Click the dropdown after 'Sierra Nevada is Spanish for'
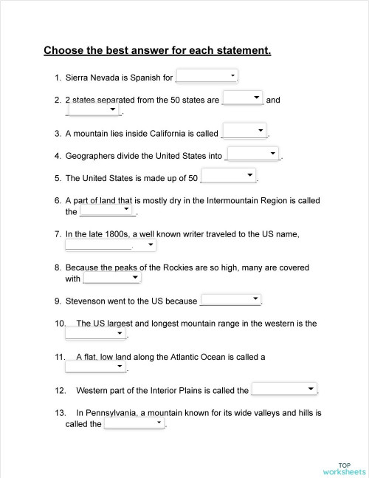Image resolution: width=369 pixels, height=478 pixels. point(207,76)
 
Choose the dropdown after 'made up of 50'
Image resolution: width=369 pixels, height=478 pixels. point(229,177)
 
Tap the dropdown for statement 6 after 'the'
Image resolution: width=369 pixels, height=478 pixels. point(108,211)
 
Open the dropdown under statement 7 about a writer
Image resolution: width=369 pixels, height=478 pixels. point(111,245)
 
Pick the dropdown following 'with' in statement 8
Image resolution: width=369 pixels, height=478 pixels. point(112,279)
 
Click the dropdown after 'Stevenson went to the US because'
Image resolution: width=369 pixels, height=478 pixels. point(231,300)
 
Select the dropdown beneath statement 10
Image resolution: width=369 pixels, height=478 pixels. point(97,334)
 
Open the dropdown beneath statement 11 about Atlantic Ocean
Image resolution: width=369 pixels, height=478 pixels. point(97,367)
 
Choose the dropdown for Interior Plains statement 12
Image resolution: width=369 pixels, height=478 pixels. point(285,389)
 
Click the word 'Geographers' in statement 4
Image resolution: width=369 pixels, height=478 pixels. point(92,156)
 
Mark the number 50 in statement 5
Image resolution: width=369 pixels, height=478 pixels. point(193,178)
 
